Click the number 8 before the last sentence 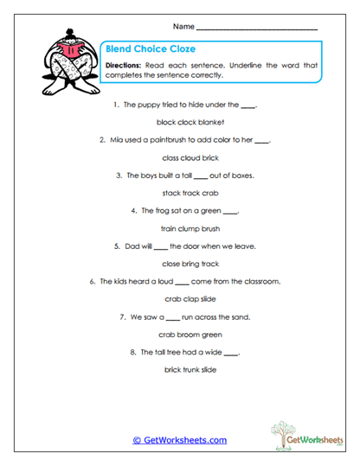131,353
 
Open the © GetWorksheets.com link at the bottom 179,440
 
